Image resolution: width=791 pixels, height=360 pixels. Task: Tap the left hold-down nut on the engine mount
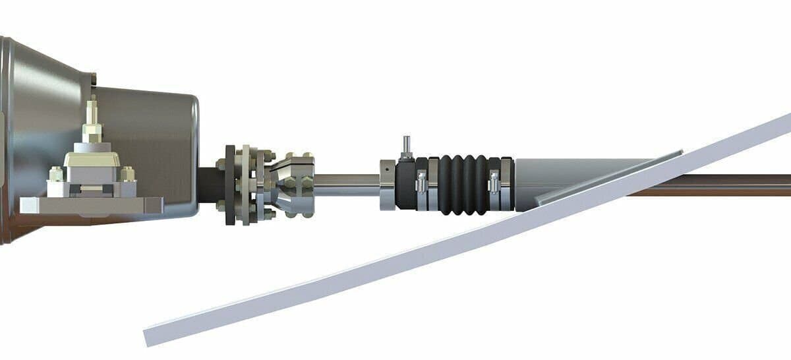(x=56, y=175)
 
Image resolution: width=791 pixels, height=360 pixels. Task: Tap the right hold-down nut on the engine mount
(x=128, y=174)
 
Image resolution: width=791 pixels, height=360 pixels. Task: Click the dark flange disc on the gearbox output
(x=230, y=185)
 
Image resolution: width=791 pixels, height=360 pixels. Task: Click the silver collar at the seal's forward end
(x=388, y=185)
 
